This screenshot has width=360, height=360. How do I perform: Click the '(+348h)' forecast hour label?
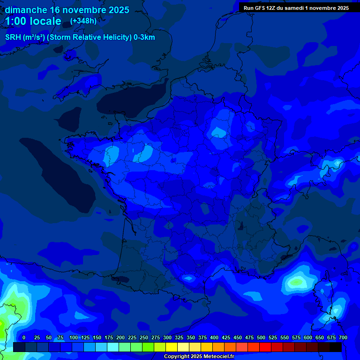click(x=83, y=21)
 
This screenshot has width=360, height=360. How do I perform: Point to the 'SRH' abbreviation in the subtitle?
click(x=13, y=37)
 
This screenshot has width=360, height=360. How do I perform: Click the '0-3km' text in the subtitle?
click(x=144, y=37)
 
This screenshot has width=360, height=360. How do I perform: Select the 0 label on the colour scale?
click(x=24, y=337)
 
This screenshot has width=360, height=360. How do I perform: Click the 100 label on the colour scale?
click(x=73, y=337)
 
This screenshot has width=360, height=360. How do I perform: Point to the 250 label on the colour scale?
click(x=143, y=337)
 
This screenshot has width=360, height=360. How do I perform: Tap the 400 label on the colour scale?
click(x=214, y=337)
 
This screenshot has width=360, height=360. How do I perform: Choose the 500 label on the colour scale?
click(x=261, y=337)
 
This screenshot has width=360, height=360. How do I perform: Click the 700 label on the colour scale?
click(x=343, y=337)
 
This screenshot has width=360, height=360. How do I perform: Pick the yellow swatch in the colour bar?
click(x=172, y=347)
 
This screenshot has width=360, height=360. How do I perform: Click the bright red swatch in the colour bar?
click(x=265, y=347)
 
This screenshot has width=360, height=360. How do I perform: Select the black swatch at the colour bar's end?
click(x=336, y=347)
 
